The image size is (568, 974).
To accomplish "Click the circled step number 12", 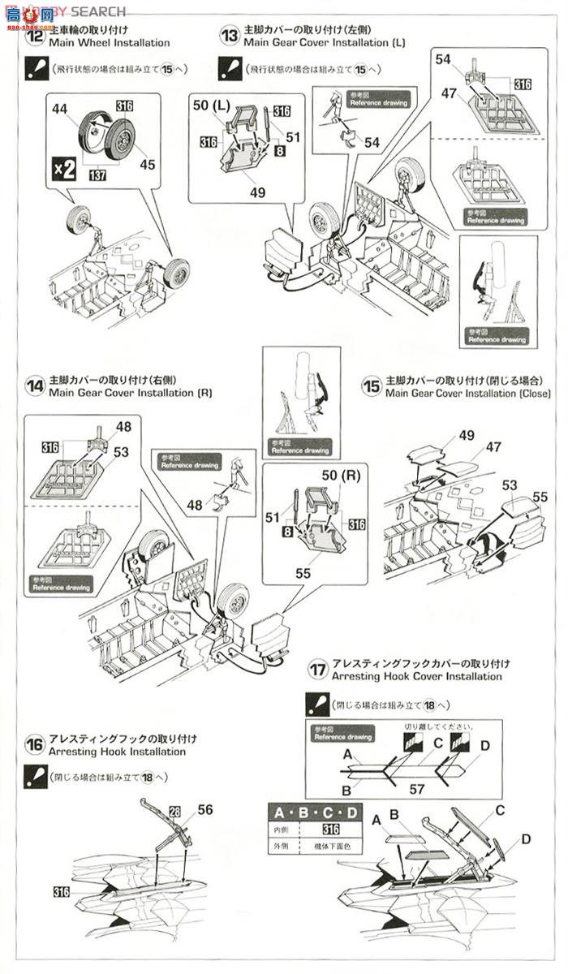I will coord(37,36).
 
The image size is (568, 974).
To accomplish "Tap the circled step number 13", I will coord(230,35).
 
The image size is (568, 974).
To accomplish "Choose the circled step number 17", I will coord(318,670).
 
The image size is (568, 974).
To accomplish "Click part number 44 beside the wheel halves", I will coord(58,108).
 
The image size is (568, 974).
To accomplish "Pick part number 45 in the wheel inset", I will coord(147,164).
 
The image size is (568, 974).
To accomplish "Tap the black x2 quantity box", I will coord(65,169).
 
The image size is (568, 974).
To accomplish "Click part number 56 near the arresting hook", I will coord(205,810).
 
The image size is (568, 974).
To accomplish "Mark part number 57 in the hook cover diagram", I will coord(418,787).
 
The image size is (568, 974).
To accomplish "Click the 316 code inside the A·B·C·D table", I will coord(330,830).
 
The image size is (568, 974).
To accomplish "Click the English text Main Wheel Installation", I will coord(110,42).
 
